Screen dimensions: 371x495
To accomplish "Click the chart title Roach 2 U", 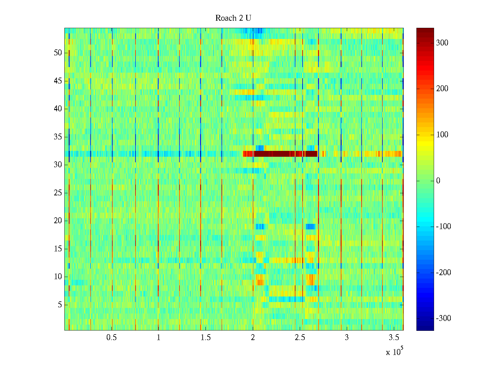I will [233, 18].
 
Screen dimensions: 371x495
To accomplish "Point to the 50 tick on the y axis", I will [58, 53].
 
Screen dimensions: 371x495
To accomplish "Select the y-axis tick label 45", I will [58, 81].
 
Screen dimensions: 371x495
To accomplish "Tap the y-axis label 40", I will [58, 109].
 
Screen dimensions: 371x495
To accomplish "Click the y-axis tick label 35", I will [58, 137].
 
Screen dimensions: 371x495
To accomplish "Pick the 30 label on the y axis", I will [58, 165].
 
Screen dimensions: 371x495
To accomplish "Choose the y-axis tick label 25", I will [58, 193].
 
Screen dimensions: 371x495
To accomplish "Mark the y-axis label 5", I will [60, 305].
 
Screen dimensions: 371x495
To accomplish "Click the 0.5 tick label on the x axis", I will [111, 338].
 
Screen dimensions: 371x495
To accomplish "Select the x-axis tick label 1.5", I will [205, 338].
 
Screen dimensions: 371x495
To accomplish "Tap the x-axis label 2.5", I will [300, 338].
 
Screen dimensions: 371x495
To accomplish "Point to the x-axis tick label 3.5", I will [394, 338].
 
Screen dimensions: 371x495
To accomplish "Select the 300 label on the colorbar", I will [442, 43].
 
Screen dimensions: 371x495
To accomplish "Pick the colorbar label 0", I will [438, 181].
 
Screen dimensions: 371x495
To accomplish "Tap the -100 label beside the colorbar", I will [443, 227].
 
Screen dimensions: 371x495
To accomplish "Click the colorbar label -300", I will [443, 318].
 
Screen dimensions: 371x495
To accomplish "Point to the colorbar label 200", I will [442, 89].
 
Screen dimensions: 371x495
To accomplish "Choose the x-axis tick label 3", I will [347, 338].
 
